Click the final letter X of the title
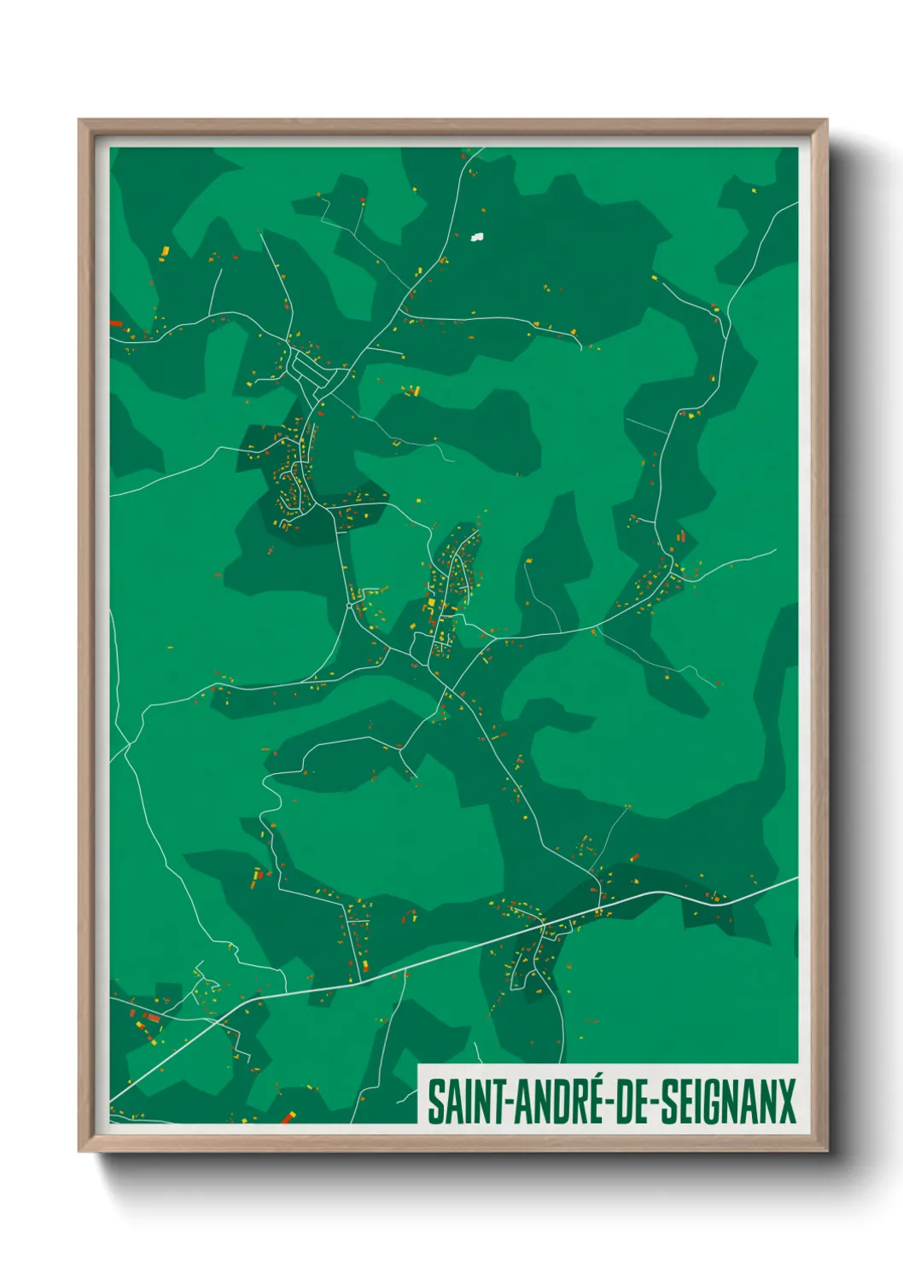[786, 1102]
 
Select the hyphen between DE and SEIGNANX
[655, 1103]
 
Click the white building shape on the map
[477, 236]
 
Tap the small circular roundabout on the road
[350, 605]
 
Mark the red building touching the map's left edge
[115, 323]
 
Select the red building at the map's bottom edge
[288, 1117]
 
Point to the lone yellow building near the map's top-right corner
[754, 190]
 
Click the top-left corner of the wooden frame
[80, 120]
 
